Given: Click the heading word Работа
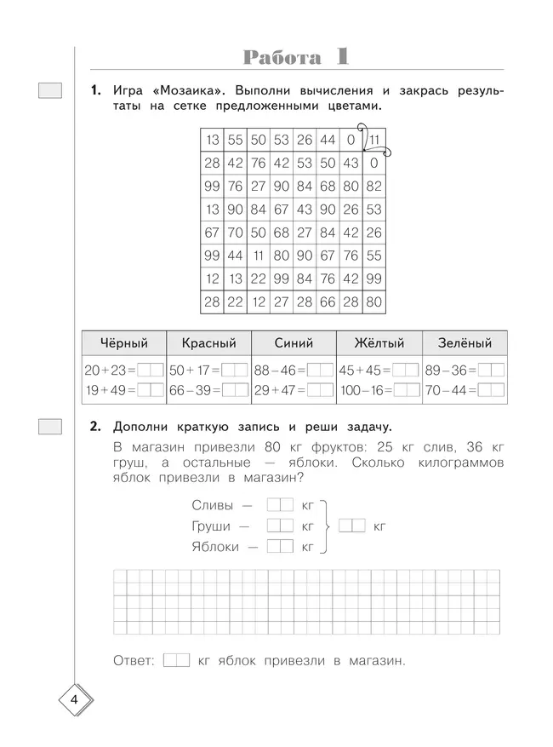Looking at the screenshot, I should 282,58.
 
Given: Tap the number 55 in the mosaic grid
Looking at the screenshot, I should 236,140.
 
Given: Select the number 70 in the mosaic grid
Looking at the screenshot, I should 236,232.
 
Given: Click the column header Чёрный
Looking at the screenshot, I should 124,343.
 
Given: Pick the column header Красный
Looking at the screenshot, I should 208,343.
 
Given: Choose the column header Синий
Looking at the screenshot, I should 294,343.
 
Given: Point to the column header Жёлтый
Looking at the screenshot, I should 379,343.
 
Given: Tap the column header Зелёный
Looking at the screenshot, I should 465,343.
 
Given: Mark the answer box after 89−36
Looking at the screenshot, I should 491,371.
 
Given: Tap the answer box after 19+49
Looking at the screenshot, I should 151,389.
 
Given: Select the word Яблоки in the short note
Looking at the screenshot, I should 217,547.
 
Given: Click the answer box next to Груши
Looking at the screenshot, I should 280,526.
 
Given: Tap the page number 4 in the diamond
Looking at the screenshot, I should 75,701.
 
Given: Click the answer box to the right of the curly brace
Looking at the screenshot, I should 351,526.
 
